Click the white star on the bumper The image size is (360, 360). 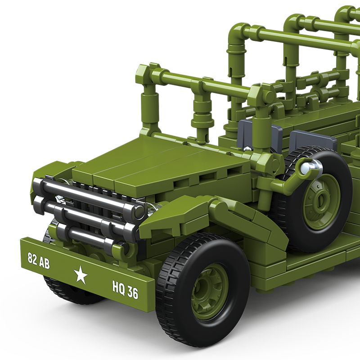click(81, 274)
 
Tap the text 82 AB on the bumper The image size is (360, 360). click(39, 261)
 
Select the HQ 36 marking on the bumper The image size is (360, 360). click(125, 291)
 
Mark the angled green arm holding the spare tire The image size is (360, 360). click(290, 180)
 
